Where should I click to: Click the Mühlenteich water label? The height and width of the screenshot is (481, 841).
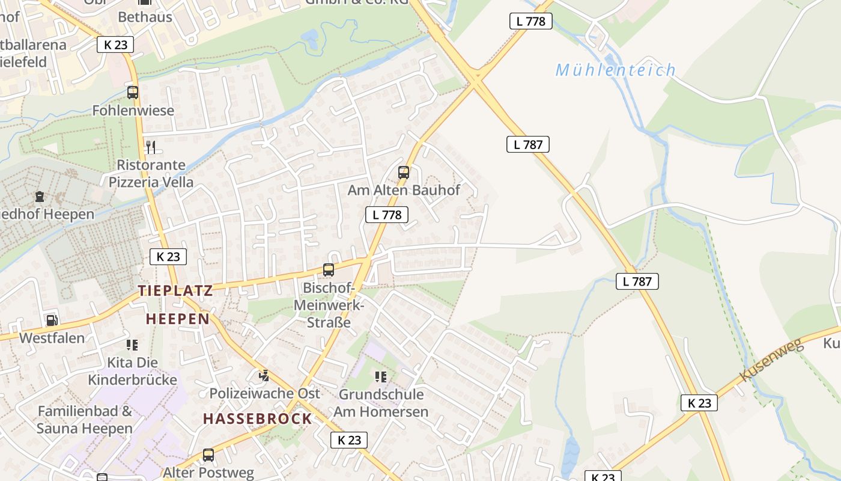pyautogui.click(x=616, y=70)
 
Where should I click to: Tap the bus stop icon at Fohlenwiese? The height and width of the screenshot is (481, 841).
pyautogui.click(x=133, y=93)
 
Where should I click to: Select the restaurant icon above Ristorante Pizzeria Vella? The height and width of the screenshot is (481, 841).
pyautogui.click(x=151, y=147)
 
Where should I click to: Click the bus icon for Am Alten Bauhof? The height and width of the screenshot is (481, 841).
pyautogui.click(x=404, y=173)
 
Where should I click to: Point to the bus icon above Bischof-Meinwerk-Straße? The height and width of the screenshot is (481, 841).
pyautogui.click(x=329, y=270)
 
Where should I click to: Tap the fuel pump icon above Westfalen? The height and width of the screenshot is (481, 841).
pyautogui.click(x=52, y=320)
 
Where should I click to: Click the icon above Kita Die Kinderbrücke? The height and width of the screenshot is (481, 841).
pyautogui.click(x=132, y=345)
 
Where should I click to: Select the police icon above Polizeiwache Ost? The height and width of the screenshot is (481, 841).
pyautogui.click(x=264, y=376)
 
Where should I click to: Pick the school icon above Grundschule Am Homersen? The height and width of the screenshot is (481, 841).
pyautogui.click(x=381, y=377)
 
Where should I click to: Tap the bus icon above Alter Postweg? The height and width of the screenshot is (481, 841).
pyautogui.click(x=208, y=455)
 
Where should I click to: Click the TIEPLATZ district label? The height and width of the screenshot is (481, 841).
pyautogui.click(x=175, y=291)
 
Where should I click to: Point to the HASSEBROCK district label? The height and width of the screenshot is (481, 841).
pyautogui.click(x=258, y=418)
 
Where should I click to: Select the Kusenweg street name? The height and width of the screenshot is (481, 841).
pyautogui.click(x=771, y=360)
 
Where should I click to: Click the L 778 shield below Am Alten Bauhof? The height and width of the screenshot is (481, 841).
pyautogui.click(x=387, y=215)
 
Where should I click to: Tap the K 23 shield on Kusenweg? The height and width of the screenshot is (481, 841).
pyautogui.click(x=699, y=403)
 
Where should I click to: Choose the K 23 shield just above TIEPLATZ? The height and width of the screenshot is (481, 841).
pyautogui.click(x=168, y=257)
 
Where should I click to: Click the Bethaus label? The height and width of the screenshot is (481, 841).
pyautogui.click(x=145, y=17)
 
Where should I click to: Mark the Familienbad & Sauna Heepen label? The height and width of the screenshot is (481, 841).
pyautogui.click(x=85, y=420)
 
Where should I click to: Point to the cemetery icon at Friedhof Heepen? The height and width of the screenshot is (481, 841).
pyautogui.click(x=40, y=196)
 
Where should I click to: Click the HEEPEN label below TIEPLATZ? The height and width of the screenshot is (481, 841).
pyautogui.click(x=178, y=319)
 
